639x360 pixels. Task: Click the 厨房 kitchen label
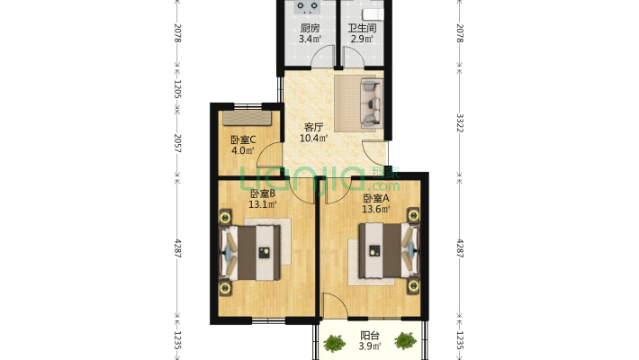tap(310, 28)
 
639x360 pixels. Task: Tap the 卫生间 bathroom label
tap(362, 28)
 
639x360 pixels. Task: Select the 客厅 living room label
tap(314, 127)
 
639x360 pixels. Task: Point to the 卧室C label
tap(243, 139)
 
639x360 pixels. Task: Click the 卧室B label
tap(263, 193)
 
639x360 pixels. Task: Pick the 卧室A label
tap(376, 199)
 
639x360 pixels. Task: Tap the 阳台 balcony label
tap(370, 336)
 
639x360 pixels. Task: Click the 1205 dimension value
tap(177, 89)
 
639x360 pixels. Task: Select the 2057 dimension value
tap(177, 143)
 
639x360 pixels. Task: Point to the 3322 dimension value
tap(460, 122)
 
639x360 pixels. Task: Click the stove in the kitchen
tap(307, 5)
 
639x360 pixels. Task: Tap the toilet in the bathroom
tap(373, 13)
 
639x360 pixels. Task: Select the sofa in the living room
tap(372, 103)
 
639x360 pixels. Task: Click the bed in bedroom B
tap(250, 253)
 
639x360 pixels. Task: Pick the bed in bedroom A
tap(389, 250)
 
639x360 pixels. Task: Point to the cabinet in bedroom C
tap(247, 118)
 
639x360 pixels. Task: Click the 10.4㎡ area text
tap(313, 139)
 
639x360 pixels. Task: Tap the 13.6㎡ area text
tap(376, 209)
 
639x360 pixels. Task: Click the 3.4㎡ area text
tap(310, 39)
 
